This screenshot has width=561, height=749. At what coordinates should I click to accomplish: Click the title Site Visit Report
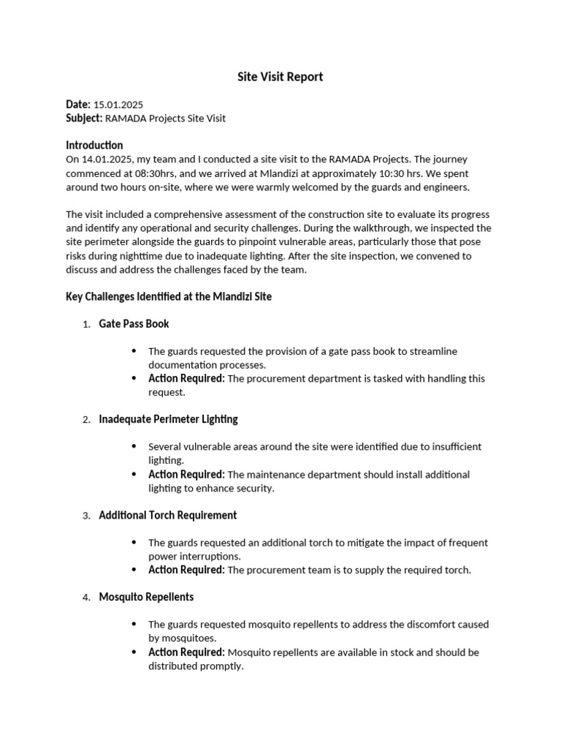(x=280, y=77)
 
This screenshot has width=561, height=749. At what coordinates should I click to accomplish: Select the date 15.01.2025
(x=118, y=105)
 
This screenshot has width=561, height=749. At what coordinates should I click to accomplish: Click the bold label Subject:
(x=84, y=118)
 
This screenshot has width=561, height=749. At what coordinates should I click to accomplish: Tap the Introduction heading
(x=94, y=145)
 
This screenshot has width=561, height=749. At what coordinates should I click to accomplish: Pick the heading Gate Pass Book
(x=134, y=323)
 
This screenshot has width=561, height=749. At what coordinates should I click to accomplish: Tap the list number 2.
(x=85, y=420)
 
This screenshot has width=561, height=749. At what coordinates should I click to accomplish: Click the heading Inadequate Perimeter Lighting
(x=168, y=419)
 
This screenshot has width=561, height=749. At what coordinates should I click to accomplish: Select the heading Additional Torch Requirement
(x=167, y=515)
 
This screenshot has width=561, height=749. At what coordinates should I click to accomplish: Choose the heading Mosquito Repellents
(x=146, y=597)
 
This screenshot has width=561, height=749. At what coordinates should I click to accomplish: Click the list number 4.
(x=85, y=598)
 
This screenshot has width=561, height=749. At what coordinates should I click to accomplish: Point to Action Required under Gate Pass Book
(x=186, y=378)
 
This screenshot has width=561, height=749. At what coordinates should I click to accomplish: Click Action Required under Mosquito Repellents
(x=186, y=652)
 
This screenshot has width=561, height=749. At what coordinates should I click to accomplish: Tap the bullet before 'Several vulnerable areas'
(x=134, y=446)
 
